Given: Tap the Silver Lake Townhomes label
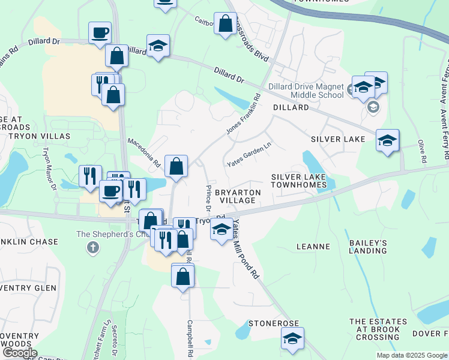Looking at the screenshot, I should click(298, 181).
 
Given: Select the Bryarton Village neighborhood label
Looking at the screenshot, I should click(238, 196).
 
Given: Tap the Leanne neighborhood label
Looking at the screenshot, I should click(313, 247).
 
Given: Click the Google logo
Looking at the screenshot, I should click(20, 353).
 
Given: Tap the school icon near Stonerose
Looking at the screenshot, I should click(292, 339).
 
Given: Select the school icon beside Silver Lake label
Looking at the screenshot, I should click(387, 141).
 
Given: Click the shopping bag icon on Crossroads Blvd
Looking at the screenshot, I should click(226, 25).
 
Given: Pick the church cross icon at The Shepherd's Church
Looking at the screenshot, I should click(92, 247).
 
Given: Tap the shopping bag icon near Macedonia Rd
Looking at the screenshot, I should click(176, 167).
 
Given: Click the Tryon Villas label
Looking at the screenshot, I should click(39, 136).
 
